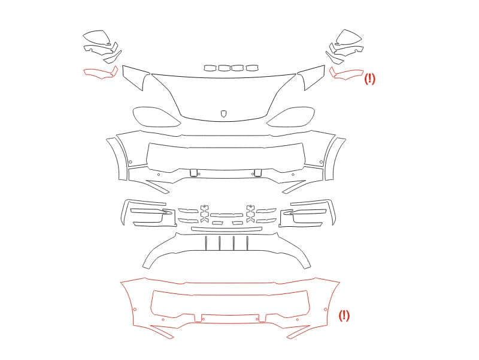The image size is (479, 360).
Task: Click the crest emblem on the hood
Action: click(223, 114)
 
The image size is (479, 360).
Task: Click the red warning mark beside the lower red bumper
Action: click(344, 316)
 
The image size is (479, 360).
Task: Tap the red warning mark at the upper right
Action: click(369, 79)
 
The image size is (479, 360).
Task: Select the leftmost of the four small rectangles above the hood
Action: click(210, 68)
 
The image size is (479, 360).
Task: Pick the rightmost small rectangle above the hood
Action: click(252, 68)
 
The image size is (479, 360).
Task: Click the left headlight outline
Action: click(156, 116)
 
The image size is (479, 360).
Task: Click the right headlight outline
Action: click(290, 116)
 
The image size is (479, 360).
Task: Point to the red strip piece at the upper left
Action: click(101, 73)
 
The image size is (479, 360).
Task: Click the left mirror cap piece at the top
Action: click(97, 37)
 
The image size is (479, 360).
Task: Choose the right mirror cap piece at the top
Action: click(349, 37)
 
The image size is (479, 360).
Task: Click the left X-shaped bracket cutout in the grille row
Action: click(204, 213)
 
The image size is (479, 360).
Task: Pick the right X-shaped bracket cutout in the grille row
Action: click(250, 213)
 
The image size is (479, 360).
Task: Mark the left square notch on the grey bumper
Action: click(193, 173)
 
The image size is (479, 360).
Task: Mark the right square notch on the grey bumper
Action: click(257, 173)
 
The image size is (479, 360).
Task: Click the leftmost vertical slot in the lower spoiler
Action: click(206, 243)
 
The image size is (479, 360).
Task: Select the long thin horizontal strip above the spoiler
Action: click(226, 229)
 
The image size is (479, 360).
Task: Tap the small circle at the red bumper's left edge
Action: click(135, 310)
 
